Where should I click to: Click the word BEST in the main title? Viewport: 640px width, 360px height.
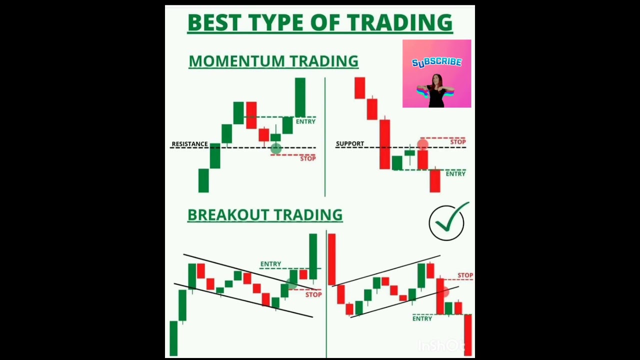click(213, 22)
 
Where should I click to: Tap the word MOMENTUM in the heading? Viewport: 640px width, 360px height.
click(237, 61)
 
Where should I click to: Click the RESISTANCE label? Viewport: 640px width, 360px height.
click(189, 143)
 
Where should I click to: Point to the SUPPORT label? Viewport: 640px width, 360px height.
click(350, 143)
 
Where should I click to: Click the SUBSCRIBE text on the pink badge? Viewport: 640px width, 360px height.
click(436, 62)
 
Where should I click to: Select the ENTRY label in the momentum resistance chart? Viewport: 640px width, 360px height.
click(305, 121)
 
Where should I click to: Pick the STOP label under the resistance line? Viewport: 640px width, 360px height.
click(308, 158)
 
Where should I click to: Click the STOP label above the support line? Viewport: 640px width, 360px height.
click(458, 142)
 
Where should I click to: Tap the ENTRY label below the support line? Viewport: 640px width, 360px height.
click(455, 173)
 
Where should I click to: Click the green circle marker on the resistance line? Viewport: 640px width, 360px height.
click(276, 148)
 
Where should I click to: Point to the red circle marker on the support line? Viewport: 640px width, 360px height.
click(423, 144)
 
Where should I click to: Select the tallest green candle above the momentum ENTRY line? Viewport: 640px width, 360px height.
click(300, 97)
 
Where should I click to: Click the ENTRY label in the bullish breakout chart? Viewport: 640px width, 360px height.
click(270, 264)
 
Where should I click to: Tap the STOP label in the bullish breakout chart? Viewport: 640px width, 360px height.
click(313, 294)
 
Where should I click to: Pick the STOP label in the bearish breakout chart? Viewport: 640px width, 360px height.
click(465, 275)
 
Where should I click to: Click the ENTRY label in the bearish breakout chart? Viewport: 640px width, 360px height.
click(422, 318)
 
